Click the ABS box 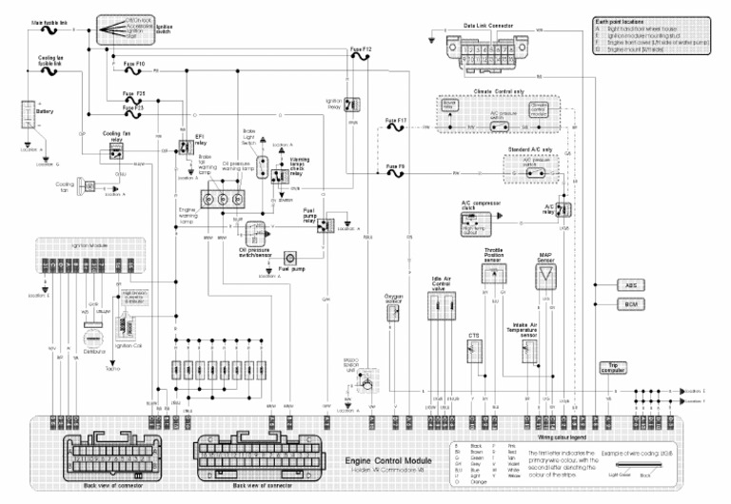630,285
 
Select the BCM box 630,304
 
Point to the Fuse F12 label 360,48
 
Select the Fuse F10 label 134,63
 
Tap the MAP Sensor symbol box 546,277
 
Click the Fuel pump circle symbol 292,258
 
